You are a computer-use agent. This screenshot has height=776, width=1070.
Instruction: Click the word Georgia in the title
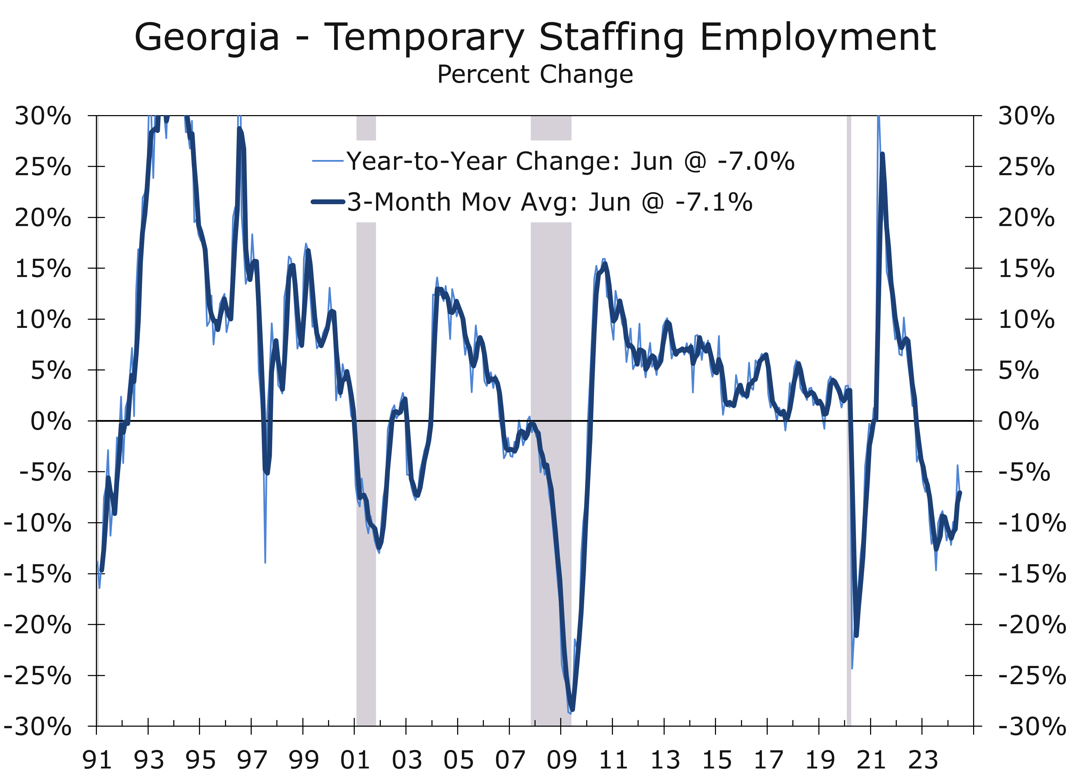click(x=207, y=38)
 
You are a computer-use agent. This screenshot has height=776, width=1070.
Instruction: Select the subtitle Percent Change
click(x=535, y=75)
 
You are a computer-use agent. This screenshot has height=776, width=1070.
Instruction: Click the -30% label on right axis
click(x=1031, y=727)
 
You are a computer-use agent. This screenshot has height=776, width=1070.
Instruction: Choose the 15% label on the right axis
click(x=1026, y=269)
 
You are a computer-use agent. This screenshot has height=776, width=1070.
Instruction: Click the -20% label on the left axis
click(x=38, y=625)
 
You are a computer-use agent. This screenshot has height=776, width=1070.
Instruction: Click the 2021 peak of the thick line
click(x=883, y=155)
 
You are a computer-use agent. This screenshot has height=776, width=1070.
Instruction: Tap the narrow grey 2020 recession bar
click(x=849, y=420)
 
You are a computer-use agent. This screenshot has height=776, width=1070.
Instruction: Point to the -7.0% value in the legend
click(x=756, y=161)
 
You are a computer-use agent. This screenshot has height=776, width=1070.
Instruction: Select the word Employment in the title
click(x=818, y=38)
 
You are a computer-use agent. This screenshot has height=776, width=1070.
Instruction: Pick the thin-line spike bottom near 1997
click(x=265, y=562)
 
